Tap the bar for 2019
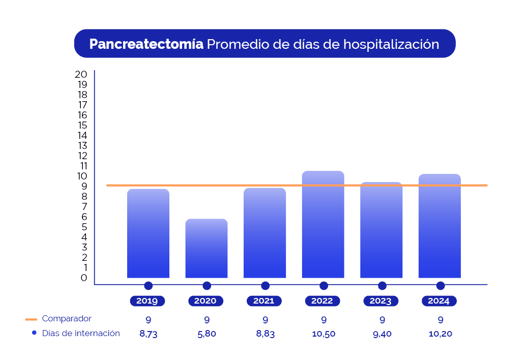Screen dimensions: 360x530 click(148, 233)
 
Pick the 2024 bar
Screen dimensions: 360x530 click(439, 226)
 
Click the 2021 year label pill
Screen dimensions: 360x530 click(264, 301)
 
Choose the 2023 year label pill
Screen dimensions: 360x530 click(381, 301)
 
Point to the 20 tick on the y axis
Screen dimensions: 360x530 click(81, 74)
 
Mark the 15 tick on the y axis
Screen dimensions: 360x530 click(82, 125)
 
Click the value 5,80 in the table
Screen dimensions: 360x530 click(207, 334)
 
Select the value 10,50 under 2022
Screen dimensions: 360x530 click(323, 334)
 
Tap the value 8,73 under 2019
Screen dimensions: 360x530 click(148, 334)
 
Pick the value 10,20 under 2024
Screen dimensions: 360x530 click(440, 334)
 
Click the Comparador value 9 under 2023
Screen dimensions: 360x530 click(381, 320)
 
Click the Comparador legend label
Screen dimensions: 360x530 click(67, 319)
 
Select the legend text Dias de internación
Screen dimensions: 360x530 click(81, 334)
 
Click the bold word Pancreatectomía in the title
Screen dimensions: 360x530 click(146, 44)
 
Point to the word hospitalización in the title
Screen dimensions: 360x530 click(391, 44)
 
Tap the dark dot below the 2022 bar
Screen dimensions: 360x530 click(323, 286)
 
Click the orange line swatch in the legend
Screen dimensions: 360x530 click(32, 319)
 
